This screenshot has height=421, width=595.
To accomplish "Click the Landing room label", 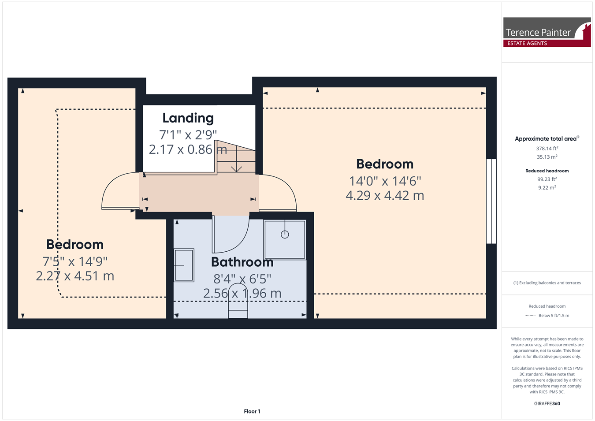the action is tap(188, 118).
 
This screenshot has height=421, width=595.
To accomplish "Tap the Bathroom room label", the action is tap(242, 262).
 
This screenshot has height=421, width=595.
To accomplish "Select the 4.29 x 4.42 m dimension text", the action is tap(385, 195).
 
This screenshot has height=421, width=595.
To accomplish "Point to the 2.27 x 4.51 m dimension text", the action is tap(75, 276).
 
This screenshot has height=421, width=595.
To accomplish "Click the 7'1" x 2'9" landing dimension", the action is tap(188, 134).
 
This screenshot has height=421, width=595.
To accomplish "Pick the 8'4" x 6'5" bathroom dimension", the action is tap(242, 279).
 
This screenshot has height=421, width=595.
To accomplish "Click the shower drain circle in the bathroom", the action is tap(285, 235).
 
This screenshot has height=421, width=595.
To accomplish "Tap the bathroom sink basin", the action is tap(184, 265).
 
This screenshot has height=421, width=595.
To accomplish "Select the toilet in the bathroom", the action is tap(238, 301).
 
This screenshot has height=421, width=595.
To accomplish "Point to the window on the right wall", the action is tap(491, 201).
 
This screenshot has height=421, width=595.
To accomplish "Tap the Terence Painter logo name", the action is tap(538, 33).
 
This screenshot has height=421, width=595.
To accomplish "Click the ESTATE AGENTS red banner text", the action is tap(527, 43).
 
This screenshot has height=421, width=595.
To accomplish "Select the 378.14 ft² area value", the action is tap(547, 148).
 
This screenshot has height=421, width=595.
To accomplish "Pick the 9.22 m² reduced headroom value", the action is tap(547, 187).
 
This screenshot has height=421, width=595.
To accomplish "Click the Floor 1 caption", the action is tap(252, 411).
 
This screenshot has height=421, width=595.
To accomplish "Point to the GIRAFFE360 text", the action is tap(547, 403).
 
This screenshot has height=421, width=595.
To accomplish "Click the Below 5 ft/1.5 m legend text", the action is tap(554, 316).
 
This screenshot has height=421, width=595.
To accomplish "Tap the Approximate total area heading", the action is tap(547, 138).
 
